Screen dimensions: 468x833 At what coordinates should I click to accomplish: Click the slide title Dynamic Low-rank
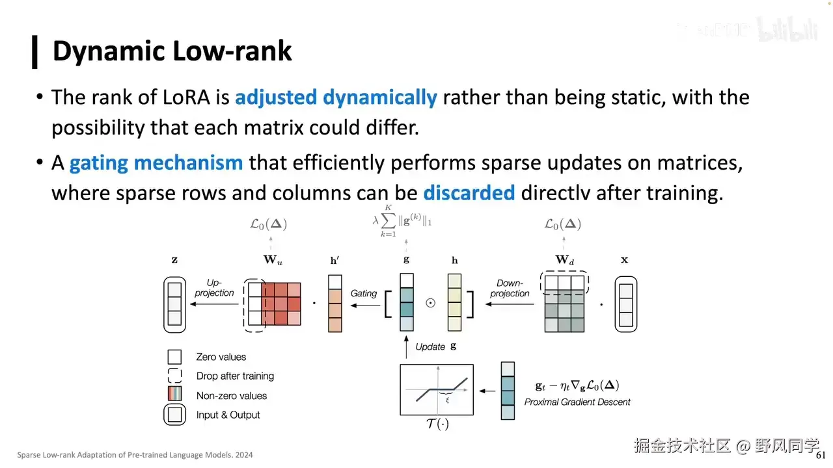point(172,51)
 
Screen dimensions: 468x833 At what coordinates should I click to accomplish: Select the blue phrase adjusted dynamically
point(336,97)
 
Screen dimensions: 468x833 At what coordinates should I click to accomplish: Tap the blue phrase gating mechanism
point(156,162)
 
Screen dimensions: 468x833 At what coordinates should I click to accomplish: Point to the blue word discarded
point(469,193)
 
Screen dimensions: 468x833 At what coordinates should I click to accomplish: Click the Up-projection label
point(214,288)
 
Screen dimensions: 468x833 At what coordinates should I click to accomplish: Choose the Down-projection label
point(510,288)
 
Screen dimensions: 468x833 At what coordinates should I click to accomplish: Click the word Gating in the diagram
point(364,293)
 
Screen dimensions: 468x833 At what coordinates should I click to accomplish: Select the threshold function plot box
point(436,389)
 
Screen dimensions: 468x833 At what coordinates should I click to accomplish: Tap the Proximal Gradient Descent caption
point(577,402)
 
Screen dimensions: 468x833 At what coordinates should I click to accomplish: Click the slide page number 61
point(821,455)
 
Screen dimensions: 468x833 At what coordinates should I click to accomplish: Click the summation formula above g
point(402,221)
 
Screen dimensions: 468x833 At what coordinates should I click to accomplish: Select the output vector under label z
point(174,304)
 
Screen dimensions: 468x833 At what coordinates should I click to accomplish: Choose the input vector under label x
point(625,304)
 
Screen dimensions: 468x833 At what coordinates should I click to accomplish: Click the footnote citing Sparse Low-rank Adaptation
point(135,455)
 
